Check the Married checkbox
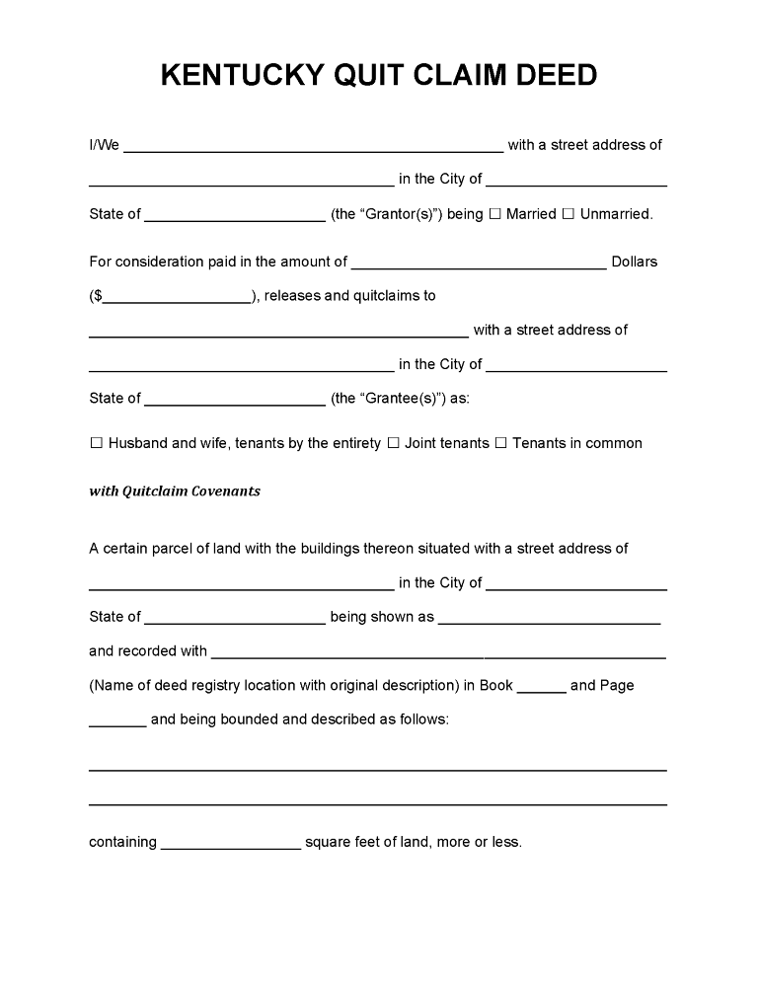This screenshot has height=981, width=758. [x=495, y=214]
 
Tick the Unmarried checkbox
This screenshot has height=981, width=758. [x=568, y=214]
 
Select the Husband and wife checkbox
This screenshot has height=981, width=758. [x=97, y=444]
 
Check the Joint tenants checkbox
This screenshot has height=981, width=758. [x=393, y=444]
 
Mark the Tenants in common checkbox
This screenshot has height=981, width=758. [x=500, y=444]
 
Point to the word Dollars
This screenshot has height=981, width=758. [x=635, y=263]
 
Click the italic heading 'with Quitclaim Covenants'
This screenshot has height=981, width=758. [x=175, y=491]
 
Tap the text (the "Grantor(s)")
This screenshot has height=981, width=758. [x=387, y=214]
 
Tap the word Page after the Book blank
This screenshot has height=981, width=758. [x=617, y=686]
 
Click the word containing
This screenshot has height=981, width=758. [x=122, y=843]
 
